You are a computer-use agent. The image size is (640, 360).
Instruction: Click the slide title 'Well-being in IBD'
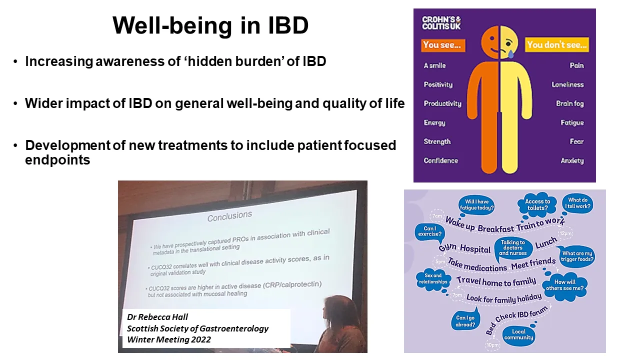(210, 26)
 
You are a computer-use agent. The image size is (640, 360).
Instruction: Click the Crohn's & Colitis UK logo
(441, 23)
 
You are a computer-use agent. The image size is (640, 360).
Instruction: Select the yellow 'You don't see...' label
(557, 45)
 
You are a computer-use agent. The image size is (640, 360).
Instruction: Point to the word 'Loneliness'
(567, 84)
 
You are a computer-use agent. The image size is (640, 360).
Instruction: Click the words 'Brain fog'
(569, 103)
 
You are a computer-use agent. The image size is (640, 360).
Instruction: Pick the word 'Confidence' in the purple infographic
(440, 160)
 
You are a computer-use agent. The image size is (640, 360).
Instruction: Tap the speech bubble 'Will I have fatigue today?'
(476, 205)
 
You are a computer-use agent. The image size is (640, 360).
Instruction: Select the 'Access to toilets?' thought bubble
(537, 205)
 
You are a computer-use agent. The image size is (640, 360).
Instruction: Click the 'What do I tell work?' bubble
(579, 203)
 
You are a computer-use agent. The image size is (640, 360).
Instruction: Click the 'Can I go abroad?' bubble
(465, 321)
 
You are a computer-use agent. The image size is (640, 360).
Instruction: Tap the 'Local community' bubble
(519, 334)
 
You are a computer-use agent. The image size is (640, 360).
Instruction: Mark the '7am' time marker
(437, 216)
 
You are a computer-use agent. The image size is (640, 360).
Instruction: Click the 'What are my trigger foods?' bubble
(577, 256)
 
